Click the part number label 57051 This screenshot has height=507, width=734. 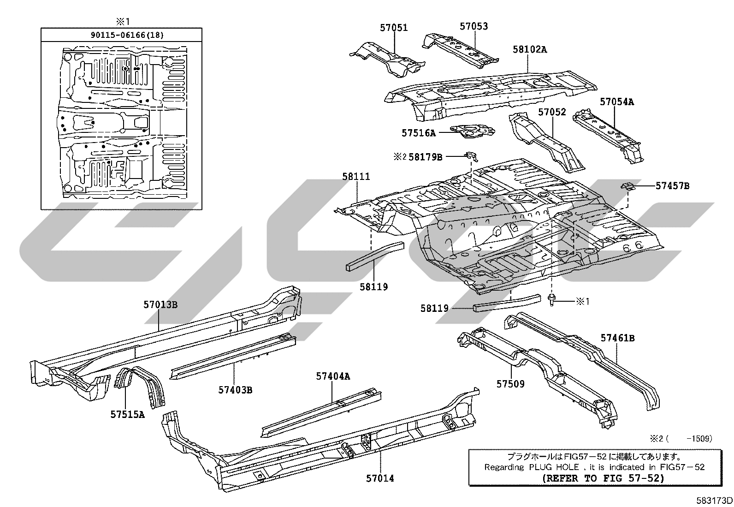[394, 28]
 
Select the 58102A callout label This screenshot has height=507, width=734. [530, 49]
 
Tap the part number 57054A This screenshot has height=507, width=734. [617, 102]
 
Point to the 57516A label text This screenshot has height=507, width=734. [419, 133]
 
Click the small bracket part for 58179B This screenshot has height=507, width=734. [471, 156]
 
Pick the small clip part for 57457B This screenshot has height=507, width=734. [628, 186]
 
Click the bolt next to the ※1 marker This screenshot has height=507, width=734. [551, 300]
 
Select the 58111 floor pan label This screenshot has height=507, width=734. [356, 177]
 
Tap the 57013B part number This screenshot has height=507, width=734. [160, 305]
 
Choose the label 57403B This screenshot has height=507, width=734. [235, 390]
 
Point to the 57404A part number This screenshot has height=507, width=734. [333, 376]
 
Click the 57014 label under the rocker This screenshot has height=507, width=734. [380, 478]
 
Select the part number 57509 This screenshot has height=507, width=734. [510, 384]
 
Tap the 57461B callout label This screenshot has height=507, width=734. [617, 338]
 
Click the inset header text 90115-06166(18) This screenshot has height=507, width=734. [127, 35]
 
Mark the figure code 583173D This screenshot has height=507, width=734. [714, 501]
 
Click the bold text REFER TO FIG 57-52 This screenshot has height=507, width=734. [603, 478]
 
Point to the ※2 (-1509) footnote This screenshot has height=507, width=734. [681, 439]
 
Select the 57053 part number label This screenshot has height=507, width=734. [474, 26]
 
